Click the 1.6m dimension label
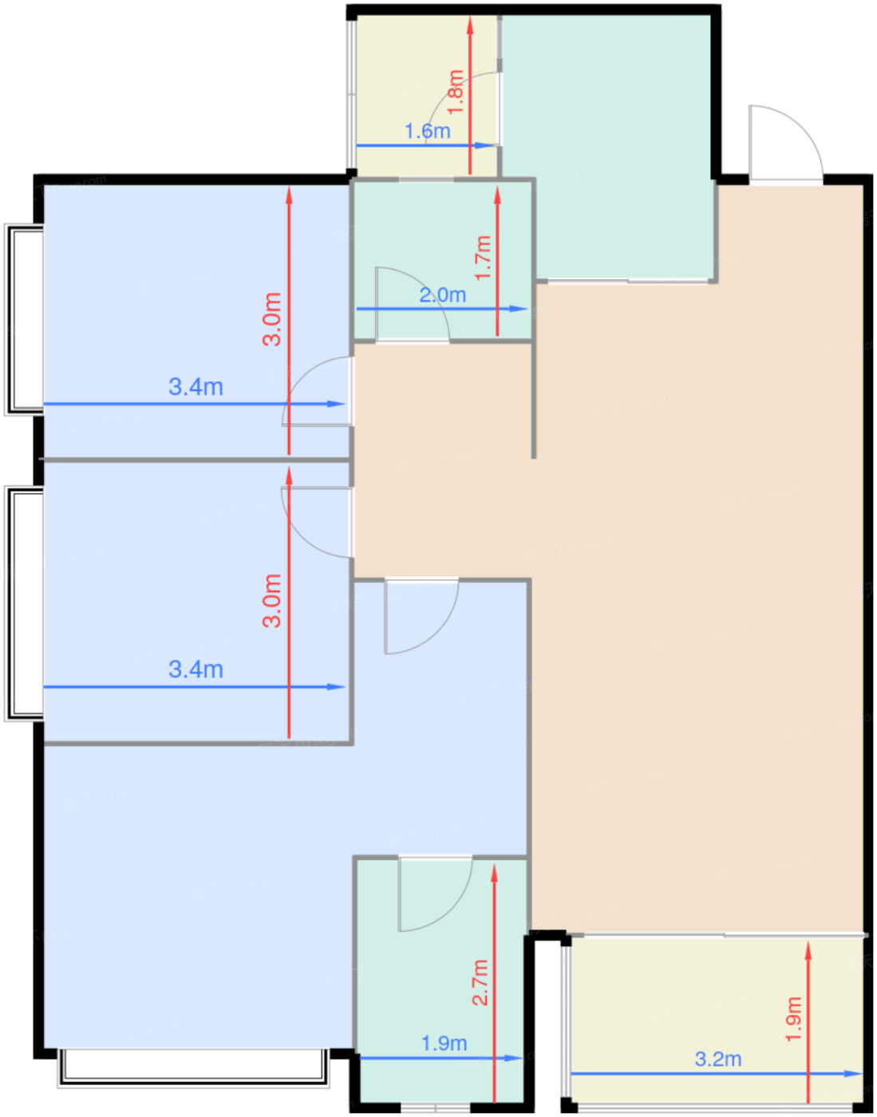click(427, 131)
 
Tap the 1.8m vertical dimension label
click(456, 93)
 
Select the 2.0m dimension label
click(443, 295)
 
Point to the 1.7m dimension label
click(484, 258)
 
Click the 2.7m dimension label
click(480, 982)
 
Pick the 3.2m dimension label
click(718, 1059)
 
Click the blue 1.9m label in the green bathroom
click(444, 1044)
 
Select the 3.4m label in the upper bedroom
click(196, 386)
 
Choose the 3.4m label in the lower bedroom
click(196, 669)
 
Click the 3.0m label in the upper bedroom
click(272, 319)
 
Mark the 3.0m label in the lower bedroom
click(272, 601)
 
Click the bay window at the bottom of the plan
click(193, 1068)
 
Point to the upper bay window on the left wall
click(24, 319)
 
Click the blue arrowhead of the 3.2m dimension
click(854, 1074)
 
